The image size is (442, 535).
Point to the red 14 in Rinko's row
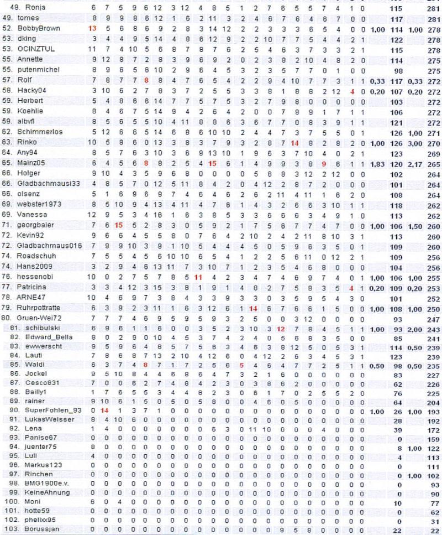tap(295, 142)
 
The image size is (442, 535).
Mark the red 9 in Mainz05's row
tap(324, 163)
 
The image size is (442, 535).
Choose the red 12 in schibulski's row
tap(281, 329)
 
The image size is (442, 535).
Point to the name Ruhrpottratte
tap(42, 308)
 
